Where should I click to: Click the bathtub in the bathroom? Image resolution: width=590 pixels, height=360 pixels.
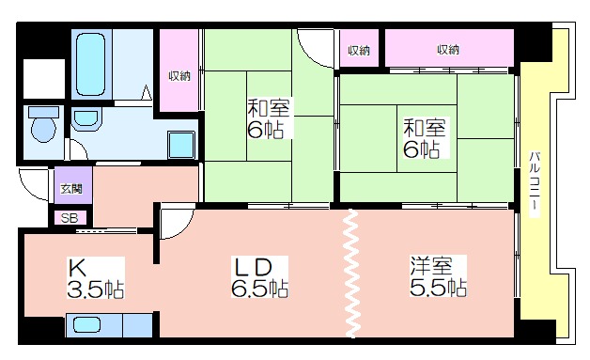tap(90, 64)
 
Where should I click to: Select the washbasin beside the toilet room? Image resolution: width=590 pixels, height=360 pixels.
tap(86, 119)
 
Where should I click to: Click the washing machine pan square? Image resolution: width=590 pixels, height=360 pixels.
tap(181, 145)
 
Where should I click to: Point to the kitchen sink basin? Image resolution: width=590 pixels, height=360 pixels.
tap(86, 324)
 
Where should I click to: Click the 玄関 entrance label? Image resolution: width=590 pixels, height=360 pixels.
tap(71, 188)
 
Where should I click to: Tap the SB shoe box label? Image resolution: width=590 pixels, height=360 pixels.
tap(70, 218)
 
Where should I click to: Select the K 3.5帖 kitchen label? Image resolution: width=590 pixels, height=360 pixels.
tap(96, 277)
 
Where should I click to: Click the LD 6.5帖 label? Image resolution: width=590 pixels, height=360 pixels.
tap(259, 277)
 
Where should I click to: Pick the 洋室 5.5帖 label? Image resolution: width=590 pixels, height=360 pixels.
tap(438, 276)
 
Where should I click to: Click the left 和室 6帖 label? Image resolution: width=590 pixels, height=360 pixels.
tap(269, 118)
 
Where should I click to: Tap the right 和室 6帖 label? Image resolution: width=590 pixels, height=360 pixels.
tap(425, 138)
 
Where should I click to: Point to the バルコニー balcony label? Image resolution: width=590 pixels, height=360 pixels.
tap(535, 184)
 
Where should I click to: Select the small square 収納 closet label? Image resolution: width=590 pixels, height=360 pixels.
tap(359, 50)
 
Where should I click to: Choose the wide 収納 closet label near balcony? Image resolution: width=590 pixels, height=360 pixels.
tap(448, 49)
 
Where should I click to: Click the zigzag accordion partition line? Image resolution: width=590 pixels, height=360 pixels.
tap(351, 274)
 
